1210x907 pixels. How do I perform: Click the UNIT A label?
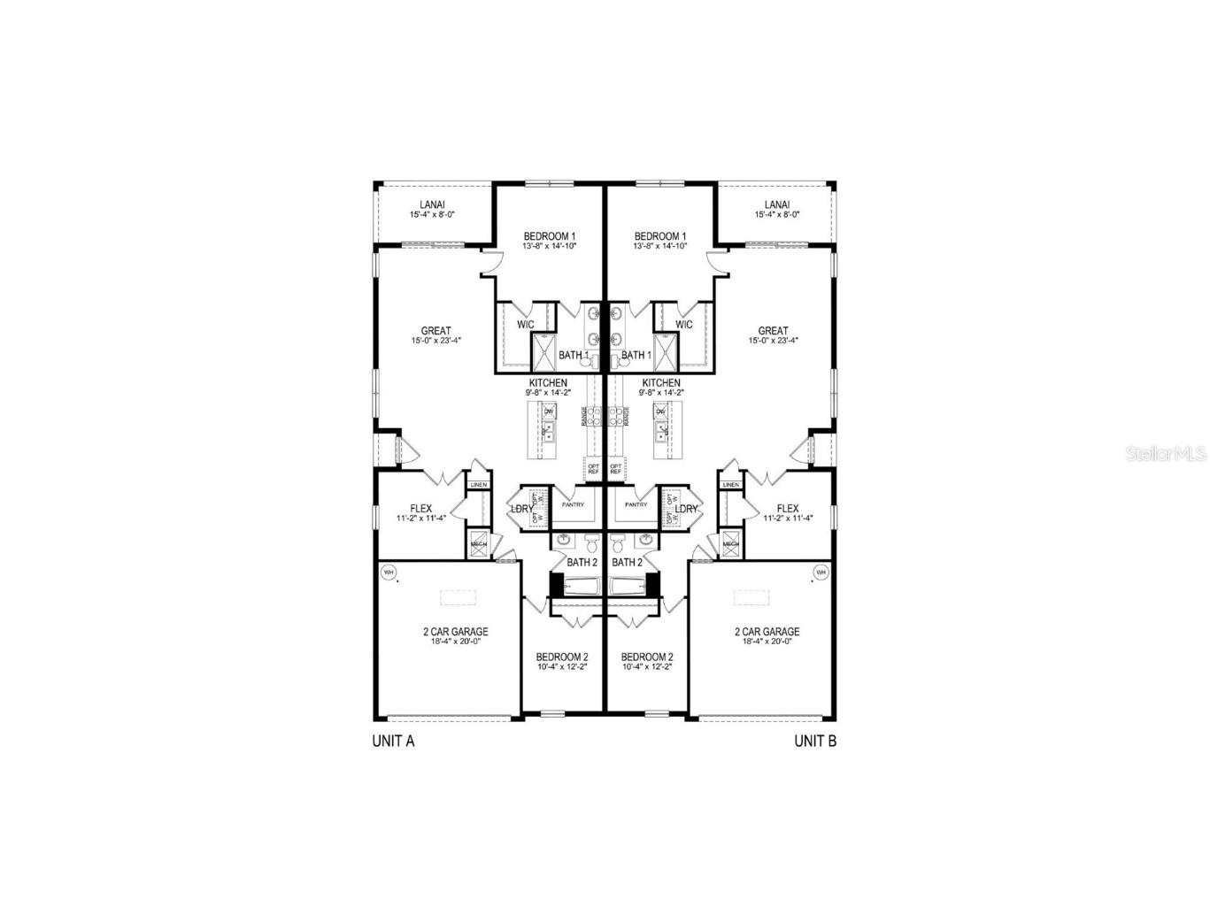(393, 742)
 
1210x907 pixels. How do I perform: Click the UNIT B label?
(815, 742)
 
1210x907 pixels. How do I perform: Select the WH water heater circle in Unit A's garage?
(388, 573)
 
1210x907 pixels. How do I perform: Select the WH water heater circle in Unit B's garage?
(820, 573)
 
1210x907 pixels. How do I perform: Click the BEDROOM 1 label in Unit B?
(660, 236)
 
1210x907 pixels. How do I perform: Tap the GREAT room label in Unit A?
(435, 331)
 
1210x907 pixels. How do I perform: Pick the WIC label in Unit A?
(525, 325)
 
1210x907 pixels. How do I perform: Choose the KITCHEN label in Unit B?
(660, 383)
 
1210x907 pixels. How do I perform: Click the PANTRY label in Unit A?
(573, 504)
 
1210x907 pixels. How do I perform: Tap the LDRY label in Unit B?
(687, 509)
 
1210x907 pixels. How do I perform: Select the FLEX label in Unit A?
(420, 509)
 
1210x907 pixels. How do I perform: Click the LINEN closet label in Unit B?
(731, 485)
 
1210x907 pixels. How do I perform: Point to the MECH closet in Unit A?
(478, 544)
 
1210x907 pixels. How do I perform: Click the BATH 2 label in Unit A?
(582, 562)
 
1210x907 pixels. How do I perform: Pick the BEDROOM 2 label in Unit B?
(647, 657)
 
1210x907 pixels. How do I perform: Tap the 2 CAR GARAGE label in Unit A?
(455, 632)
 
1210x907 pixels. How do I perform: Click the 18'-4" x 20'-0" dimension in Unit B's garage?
(767, 642)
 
